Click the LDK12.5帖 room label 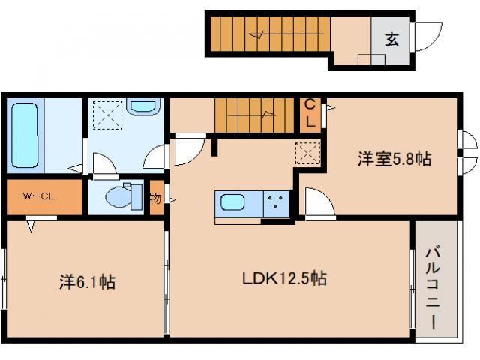pos(283,278)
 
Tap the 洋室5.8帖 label pos(394,158)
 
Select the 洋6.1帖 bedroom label pos(87,282)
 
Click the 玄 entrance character pos(391,40)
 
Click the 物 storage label pos(154,199)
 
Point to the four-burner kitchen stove pos(275,203)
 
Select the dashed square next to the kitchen pos(307,152)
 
